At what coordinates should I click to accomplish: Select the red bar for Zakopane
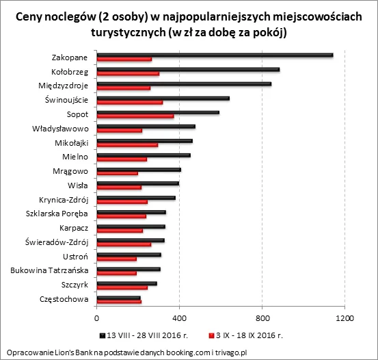click(x=124, y=60)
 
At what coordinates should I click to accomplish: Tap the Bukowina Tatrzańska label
click(x=48, y=270)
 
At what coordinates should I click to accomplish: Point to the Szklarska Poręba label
click(x=53, y=214)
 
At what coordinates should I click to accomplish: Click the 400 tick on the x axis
click(x=179, y=318)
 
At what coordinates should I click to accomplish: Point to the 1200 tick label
click(x=345, y=318)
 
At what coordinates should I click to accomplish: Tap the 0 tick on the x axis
click(x=96, y=318)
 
